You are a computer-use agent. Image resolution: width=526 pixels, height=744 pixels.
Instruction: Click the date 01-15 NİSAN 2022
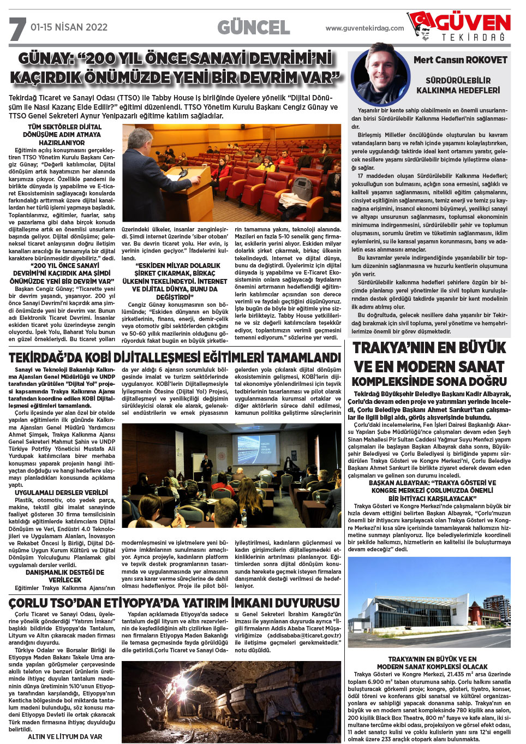pyautogui.click(x=69, y=27)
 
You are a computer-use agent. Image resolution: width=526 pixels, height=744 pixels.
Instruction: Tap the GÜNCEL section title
pyautogui.click(x=253, y=27)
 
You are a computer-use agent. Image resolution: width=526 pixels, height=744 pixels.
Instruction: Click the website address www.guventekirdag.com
pyautogui.click(x=364, y=28)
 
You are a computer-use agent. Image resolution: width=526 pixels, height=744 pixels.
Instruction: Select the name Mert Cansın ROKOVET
pyautogui.click(x=460, y=60)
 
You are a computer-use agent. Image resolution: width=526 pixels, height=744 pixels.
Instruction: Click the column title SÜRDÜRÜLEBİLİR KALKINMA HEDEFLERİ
pyautogui.click(x=458, y=85)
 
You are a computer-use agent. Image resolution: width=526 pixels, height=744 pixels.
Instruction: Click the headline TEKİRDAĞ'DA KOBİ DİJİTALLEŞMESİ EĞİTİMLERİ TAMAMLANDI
pyautogui.click(x=175, y=358)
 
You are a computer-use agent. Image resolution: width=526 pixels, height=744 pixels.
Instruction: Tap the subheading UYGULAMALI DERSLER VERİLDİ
pyautogui.click(x=61, y=492)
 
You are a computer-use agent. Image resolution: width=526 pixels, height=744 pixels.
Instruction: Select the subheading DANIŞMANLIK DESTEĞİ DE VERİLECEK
pyautogui.click(x=64, y=576)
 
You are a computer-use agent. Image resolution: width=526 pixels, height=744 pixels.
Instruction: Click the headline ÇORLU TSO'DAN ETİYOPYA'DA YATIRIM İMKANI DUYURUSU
pyautogui.click(x=174, y=603)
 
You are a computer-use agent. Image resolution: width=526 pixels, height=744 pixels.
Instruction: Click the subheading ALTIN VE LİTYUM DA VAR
pyautogui.click(x=64, y=736)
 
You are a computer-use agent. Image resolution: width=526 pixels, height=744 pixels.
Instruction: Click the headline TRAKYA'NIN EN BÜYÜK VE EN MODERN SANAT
pyautogui.click(x=429, y=357)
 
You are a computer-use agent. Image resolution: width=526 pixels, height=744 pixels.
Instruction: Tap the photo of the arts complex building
pyautogui.click(x=429, y=602)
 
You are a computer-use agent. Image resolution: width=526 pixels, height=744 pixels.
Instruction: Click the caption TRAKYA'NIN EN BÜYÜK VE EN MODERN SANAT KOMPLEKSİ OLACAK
pyautogui.click(x=432, y=663)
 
